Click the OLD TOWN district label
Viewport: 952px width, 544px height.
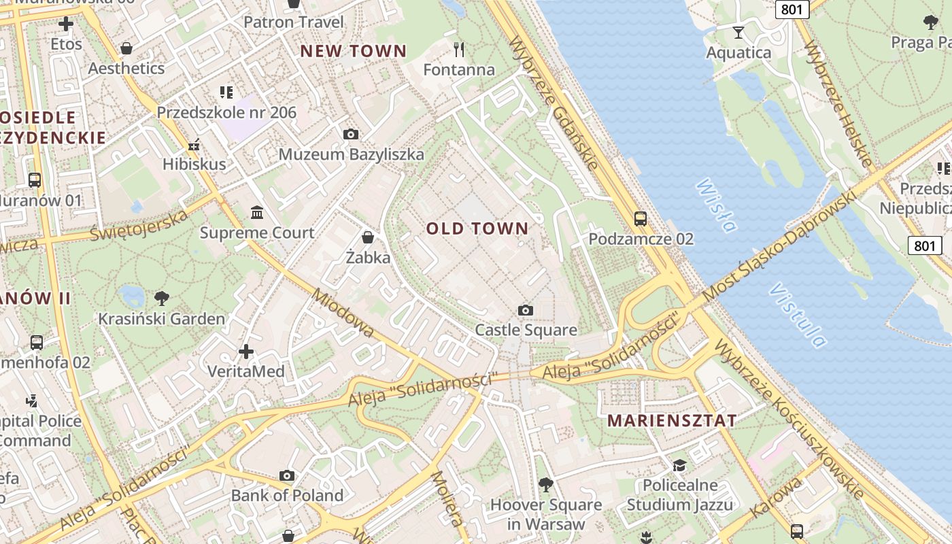pos(477,228)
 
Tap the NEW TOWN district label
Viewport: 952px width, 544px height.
pos(353,51)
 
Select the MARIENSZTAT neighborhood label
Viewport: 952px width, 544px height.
pos(672,420)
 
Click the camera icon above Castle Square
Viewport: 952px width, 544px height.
pos(525,310)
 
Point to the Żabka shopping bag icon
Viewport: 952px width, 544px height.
pos(368,237)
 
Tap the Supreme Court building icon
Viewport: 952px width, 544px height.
pos(257,213)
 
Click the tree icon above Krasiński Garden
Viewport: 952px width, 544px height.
pos(162,298)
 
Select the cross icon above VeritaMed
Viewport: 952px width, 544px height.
pos(246,352)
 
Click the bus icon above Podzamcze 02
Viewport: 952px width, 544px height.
pos(640,219)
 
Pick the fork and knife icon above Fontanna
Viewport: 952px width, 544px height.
pos(459,49)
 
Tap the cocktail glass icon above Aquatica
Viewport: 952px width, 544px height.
pos(738,32)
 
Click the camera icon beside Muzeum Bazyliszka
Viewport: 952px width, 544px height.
pos(350,134)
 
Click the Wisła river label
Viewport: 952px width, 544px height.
pos(716,205)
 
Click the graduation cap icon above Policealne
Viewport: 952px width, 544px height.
pos(679,465)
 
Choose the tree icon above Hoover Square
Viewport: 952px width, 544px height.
pos(545,484)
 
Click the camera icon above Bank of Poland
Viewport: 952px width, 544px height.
pos(287,475)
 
